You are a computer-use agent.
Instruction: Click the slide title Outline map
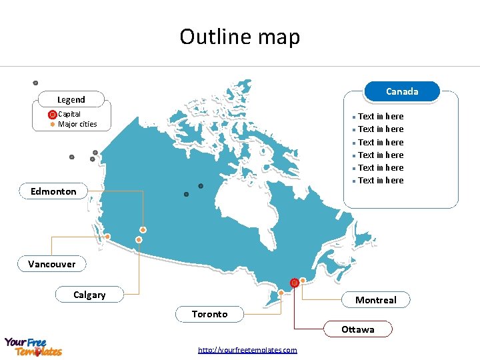point(240,37)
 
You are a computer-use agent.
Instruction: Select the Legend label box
point(71,99)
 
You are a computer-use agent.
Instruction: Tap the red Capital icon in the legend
point(53,115)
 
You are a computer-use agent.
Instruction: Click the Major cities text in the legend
point(77,124)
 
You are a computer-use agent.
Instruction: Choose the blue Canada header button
point(402,91)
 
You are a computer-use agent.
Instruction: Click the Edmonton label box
point(53,191)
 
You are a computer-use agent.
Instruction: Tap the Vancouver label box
point(52,264)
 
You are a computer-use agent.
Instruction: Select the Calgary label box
point(89,295)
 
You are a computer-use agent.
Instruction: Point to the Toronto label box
point(209,314)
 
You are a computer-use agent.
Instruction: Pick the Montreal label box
point(375,300)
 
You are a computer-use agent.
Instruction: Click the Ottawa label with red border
point(358,329)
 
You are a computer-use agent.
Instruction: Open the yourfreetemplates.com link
point(247,350)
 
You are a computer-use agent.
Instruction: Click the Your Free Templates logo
point(33,347)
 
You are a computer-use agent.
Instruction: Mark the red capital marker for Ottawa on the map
point(295,283)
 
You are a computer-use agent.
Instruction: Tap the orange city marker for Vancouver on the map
point(107,236)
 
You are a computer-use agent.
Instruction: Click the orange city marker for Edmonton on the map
point(143,230)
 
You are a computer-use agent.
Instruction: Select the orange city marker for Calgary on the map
point(139,239)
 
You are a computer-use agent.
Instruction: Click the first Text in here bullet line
point(380,117)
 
